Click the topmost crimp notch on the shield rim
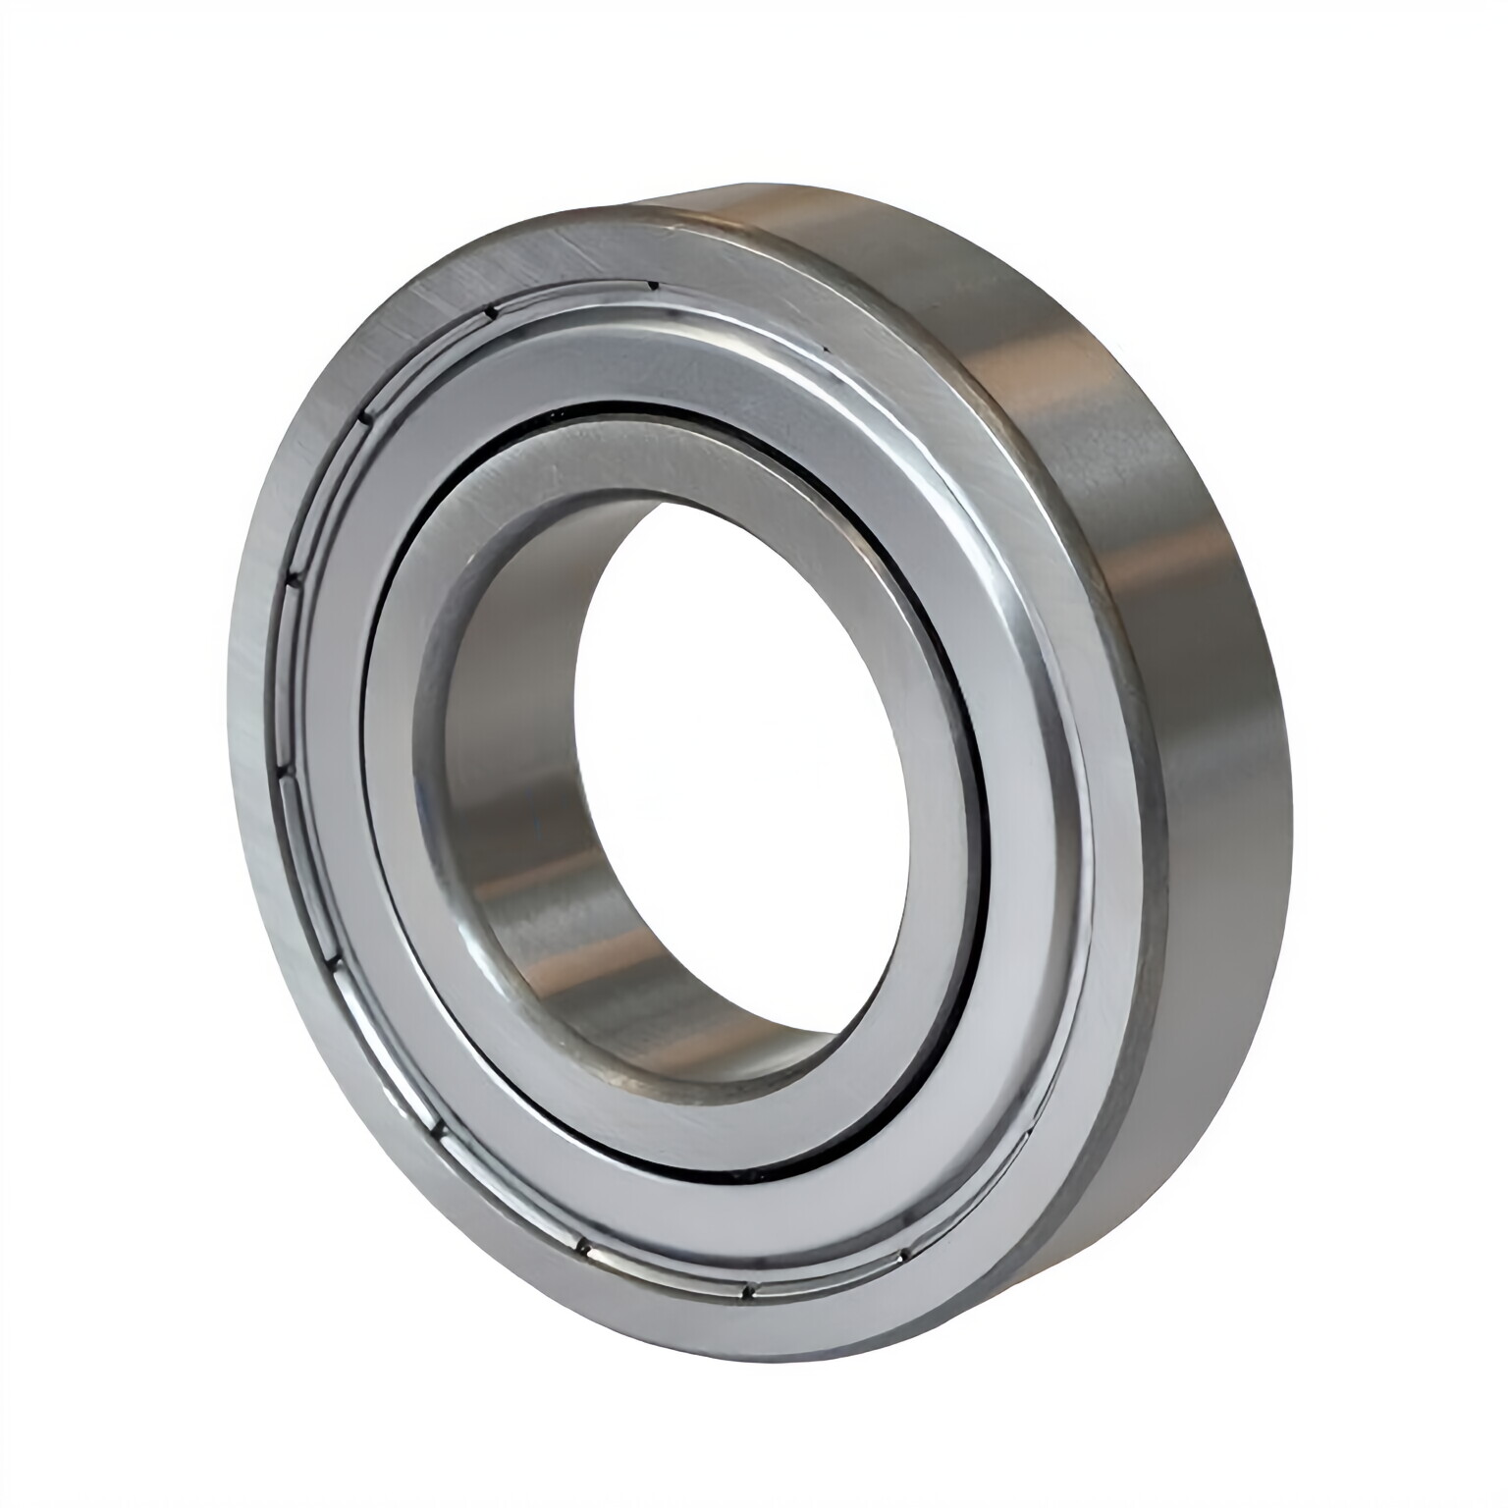tap(650, 286)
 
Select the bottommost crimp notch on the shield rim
tap(746, 1294)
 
